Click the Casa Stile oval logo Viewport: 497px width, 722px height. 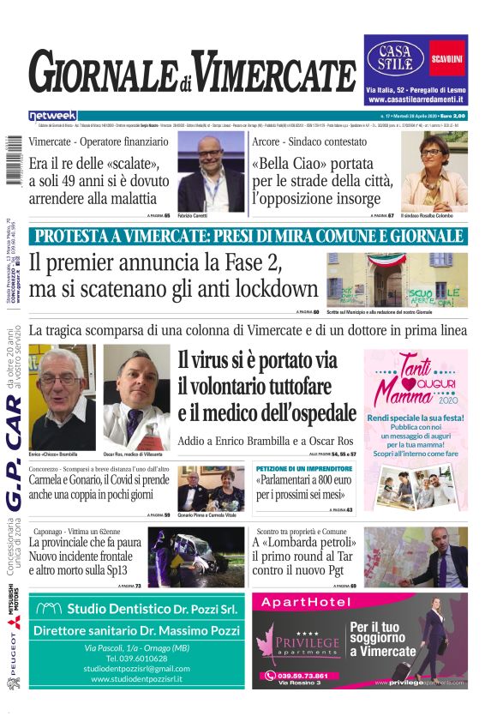396,57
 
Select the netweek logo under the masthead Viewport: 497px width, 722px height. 52,116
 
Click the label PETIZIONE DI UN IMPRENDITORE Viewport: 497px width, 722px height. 304,469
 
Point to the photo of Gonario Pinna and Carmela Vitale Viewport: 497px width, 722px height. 211,488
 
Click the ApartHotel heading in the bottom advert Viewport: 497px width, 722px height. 302,603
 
